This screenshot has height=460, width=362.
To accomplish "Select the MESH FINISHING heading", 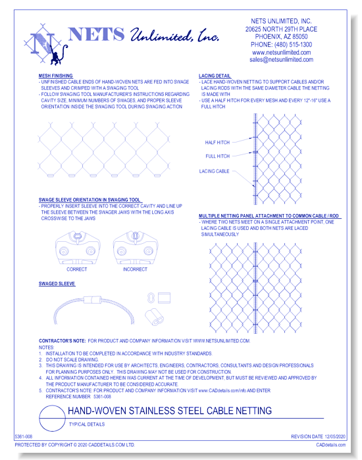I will pos(56,76).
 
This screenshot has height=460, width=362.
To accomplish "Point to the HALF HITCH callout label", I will pos(218,142).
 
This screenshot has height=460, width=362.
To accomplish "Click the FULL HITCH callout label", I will pos(218,156).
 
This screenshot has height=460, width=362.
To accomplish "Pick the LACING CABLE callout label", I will pos(215,171).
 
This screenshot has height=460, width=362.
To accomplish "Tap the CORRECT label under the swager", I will pos(76,269).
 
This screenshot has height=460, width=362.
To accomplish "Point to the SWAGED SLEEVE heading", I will pos(57,284).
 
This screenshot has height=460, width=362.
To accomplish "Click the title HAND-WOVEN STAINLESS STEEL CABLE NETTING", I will pos(170,411).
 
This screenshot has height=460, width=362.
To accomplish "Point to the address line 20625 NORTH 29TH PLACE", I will pos(282,30).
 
